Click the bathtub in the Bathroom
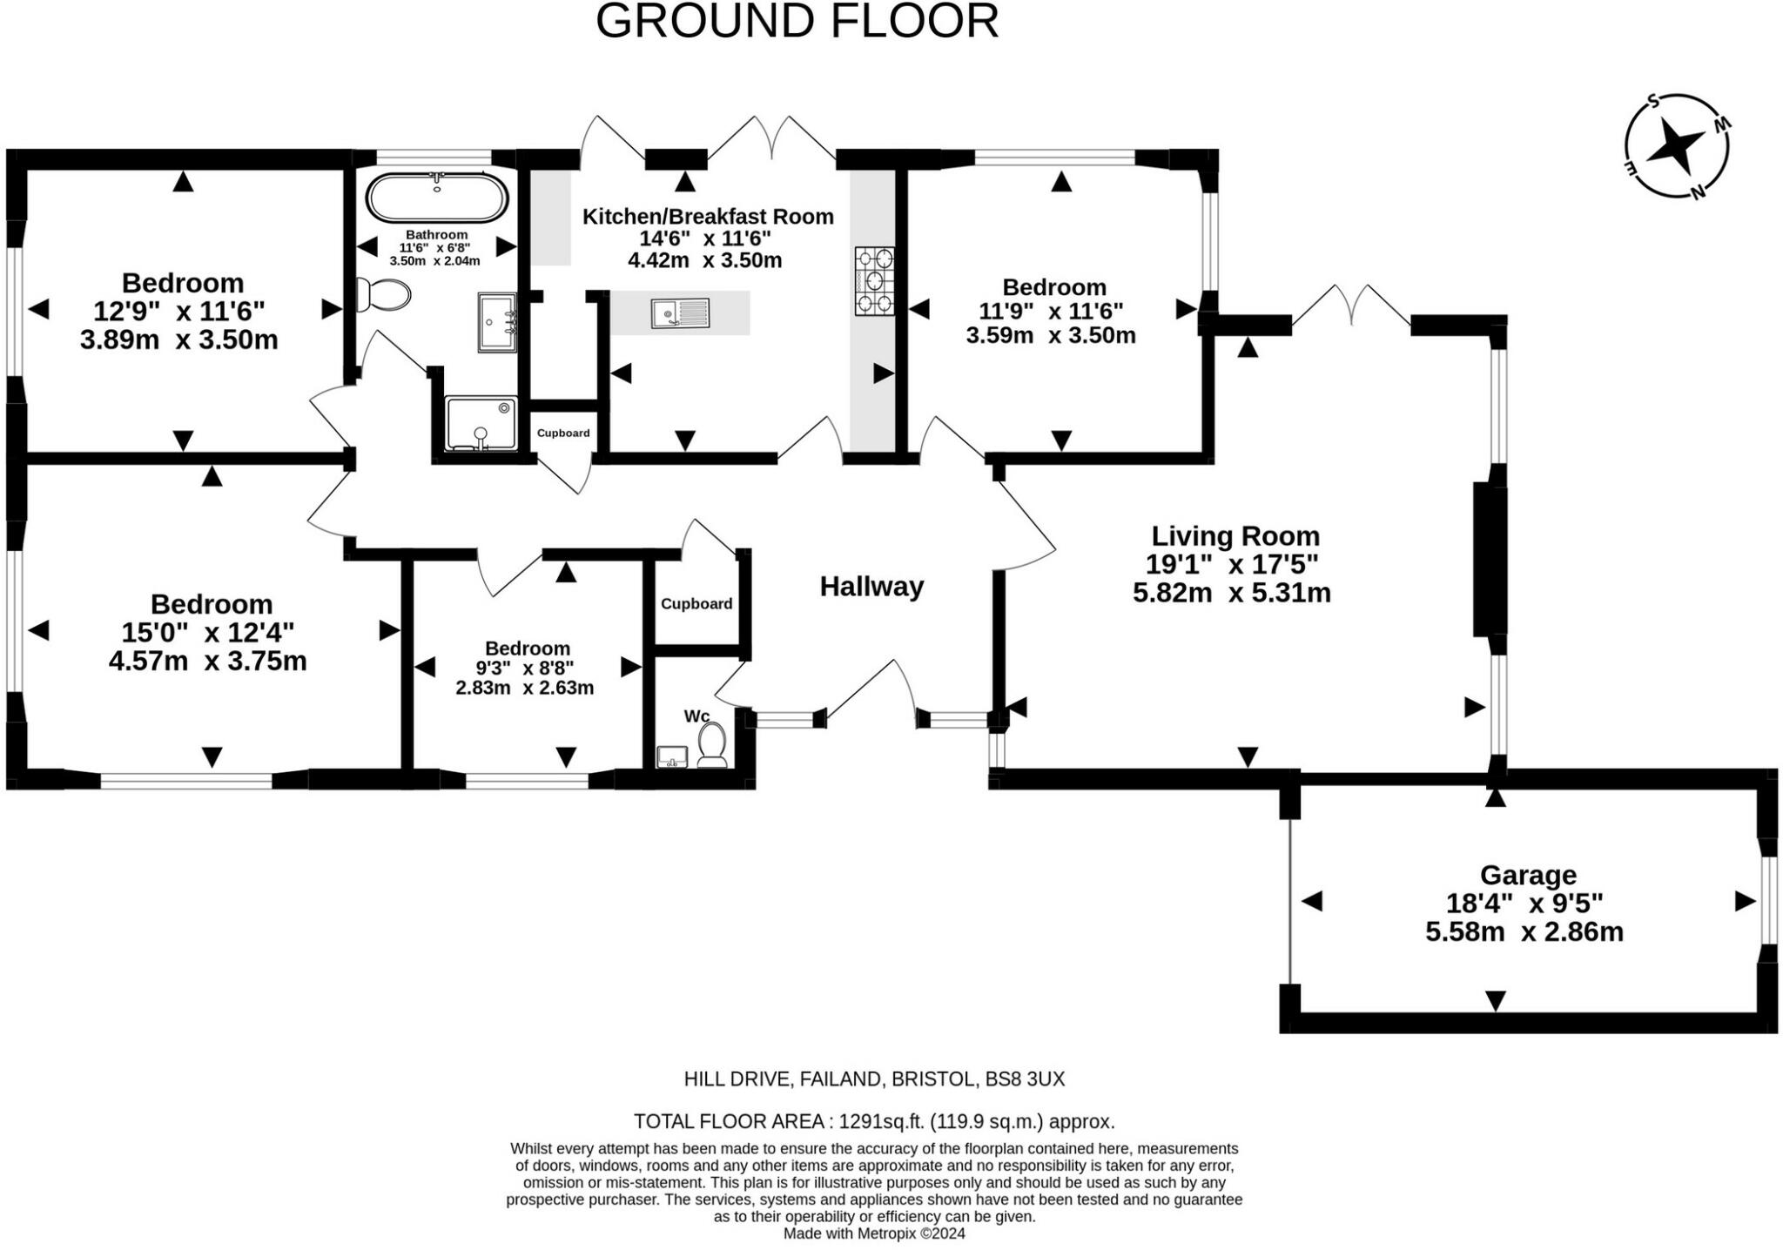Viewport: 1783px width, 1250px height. (x=436, y=198)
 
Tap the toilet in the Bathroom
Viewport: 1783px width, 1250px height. (x=382, y=295)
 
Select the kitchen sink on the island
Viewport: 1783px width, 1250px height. (x=680, y=313)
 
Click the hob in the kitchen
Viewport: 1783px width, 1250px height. (x=874, y=280)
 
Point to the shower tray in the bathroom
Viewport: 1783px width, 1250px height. (x=481, y=424)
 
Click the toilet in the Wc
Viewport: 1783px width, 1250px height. (x=712, y=745)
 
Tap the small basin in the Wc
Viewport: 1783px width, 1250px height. (x=671, y=756)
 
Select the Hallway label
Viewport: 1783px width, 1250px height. (x=871, y=587)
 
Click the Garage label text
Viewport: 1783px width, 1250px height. (x=1528, y=875)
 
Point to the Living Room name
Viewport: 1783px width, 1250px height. (x=1235, y=535)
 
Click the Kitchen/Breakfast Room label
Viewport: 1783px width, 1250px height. (x=708, y=216)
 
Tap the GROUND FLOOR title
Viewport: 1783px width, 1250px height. (x=797, y=21)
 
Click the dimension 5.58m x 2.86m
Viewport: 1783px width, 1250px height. (x=1524, y=932)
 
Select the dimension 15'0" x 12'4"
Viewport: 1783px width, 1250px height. (x=208, y=632)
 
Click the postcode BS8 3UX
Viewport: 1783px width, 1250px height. (x=1025, y=1079)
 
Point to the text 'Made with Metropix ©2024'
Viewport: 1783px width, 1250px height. (x=874, y=1233)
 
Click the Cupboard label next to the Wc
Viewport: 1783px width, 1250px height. (x=696, y=604)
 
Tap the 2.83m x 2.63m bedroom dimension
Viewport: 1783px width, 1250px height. (x=525, y=688)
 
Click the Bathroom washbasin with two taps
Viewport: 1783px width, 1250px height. (x=498, y=322)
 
